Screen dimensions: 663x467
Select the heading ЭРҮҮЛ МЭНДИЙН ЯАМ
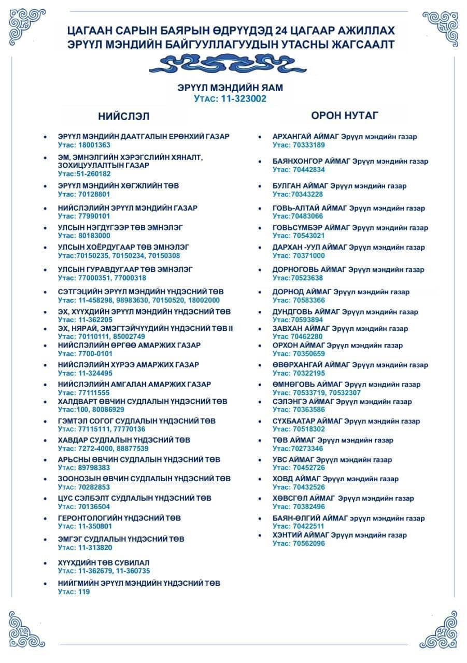pyautogui.click(x=230, y=88)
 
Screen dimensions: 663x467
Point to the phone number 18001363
pyautogui.click(x=92, y=145)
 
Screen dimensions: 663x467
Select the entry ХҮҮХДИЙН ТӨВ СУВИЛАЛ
pyautogui.click(x=104, y=563)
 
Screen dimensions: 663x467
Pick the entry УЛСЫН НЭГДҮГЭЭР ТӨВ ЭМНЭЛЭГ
pyautogui.click(x=120, y=227)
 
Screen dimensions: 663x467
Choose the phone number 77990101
pyautogui.click(x=92, y=216)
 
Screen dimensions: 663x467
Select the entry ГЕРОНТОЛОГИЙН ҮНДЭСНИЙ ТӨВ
pyautogui.click(x=119, y=518)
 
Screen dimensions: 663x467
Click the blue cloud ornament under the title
pyautogui.click(x=228, y=65)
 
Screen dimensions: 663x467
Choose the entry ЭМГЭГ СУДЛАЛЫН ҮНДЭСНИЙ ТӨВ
pyautogui.click(x=121, y=539)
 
